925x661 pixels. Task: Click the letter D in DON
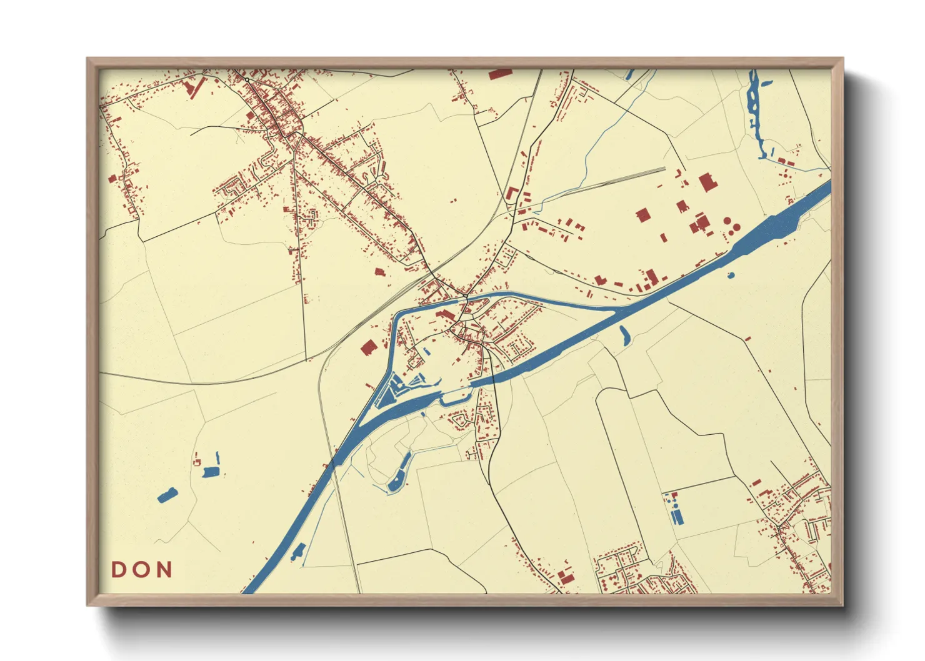click(x=119, y=570)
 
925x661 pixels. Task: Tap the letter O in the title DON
click(x=142, y=570)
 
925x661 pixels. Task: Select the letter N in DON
click(x=164, y=570)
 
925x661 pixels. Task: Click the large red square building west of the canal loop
click(x=368, y=347)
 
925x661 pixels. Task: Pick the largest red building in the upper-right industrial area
click(x=707, y=182)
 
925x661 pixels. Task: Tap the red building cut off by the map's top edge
click(x=500, y=74)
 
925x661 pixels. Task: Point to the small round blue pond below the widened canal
click(x=731, y=274)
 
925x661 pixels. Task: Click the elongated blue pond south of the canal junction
click(x=624, y=335)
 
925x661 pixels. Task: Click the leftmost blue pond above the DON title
click(x=167, y=495)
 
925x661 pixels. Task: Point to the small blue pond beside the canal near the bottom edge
click(x=297, y=552)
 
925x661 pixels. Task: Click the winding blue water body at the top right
click(x=754, y=112)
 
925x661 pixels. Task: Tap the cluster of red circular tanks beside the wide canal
click(x=731, y=226)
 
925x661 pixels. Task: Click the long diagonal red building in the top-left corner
click(x=196, y=87)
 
